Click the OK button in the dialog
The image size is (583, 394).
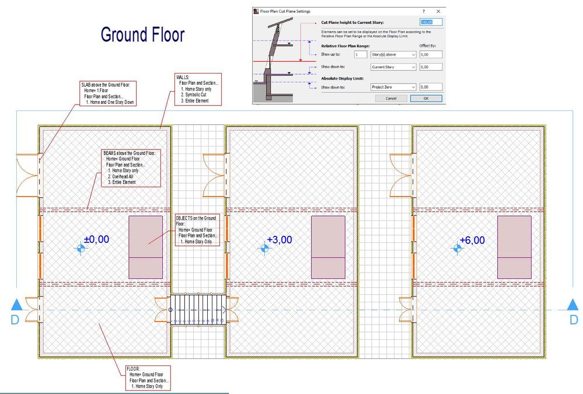pos(425,98)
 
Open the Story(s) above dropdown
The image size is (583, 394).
pos(393,54)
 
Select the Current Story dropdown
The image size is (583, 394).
pos(393,67)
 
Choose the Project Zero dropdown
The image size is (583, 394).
pos(393,87)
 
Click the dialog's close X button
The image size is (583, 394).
pos(438,11)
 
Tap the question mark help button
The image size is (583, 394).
pos(423,11)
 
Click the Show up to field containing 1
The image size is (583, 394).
pos(360,54)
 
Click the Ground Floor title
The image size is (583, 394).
pos(142,34)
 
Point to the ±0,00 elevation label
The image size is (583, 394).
pos(97,239)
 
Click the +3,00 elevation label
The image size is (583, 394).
pos(279,239)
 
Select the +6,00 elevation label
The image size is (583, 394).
pos(472,240)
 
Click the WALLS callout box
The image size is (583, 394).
pos(191,89)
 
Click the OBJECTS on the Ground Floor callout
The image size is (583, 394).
pos(197,230)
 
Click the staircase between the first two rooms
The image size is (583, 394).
pos(198,309)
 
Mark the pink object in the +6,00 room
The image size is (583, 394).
pos(514,246)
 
